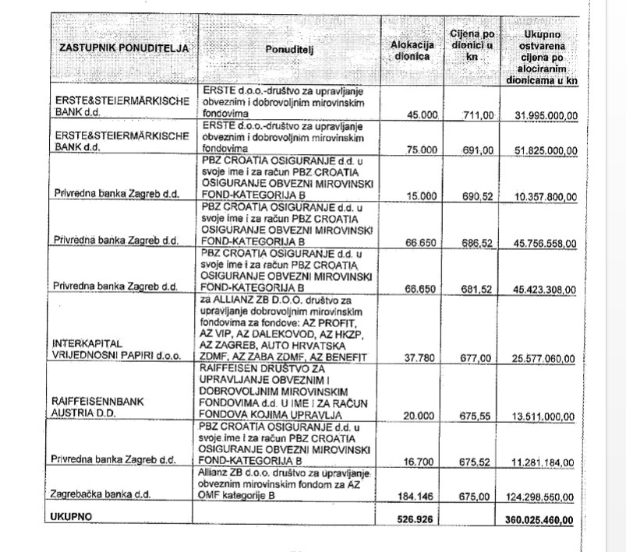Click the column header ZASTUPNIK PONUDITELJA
coord(125,49)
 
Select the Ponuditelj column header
coord(287,48)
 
